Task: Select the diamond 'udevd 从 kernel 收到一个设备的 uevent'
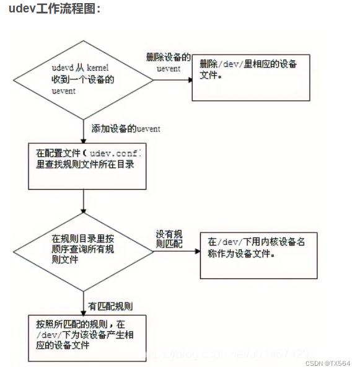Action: (x=83, y=79)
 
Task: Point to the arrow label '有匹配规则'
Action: (x=112, y=306)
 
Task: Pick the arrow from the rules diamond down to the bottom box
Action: (x=83, y=302)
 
